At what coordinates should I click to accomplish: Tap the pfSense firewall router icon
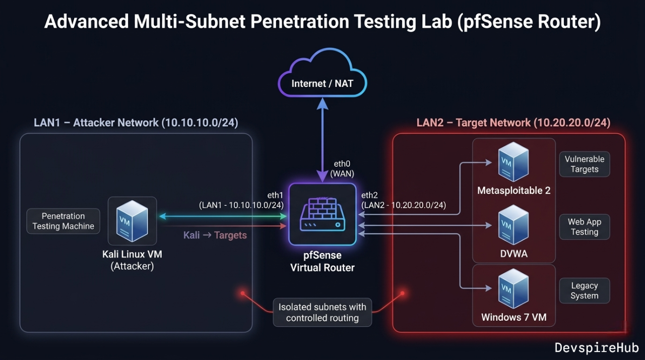(x=322, y=214)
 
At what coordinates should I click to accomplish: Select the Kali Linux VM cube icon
(x=133, y=220)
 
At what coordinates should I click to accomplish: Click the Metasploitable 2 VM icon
(x=513, y=162)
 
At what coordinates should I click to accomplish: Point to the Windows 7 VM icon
(x=513, y=289)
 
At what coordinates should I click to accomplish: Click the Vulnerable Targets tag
(x=584, y=164)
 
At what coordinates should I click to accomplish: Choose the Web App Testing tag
(x=584, y=227)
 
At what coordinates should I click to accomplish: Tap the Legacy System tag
(x=584, y=290)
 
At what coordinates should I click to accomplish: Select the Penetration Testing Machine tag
(x=63, y=221)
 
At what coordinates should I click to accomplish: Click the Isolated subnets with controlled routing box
(x=322, y=312)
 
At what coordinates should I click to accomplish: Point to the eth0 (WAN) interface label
(x=342, y=169)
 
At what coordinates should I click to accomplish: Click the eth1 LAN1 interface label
(x=242, y=200)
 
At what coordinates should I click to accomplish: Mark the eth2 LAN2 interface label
(x=403, y=200)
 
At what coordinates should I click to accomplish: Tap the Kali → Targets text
(x=215, y=235)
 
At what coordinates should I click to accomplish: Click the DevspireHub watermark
(x=597, y=347)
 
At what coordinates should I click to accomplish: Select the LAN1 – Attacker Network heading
(x=136, y=123)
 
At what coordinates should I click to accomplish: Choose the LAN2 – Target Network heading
(x=513, y=123)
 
